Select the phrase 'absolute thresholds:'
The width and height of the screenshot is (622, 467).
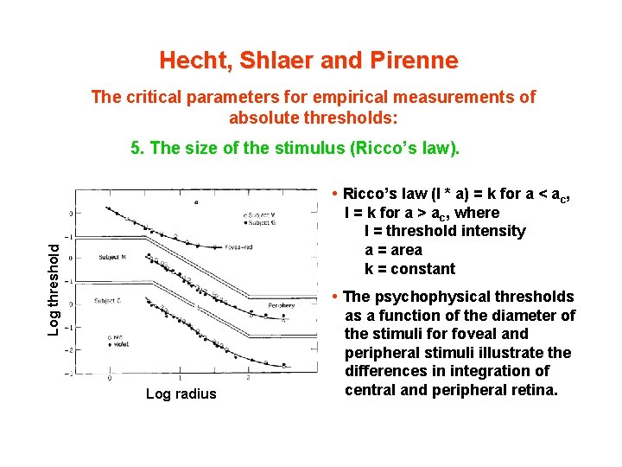(313, 117)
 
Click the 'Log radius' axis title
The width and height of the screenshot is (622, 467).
(181, 394)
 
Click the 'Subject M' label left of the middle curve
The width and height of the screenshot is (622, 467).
(112, 257)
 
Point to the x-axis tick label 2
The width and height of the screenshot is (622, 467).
(248, 378)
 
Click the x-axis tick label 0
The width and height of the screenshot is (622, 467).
(110, 378)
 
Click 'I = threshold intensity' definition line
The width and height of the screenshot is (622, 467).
(444, 231)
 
